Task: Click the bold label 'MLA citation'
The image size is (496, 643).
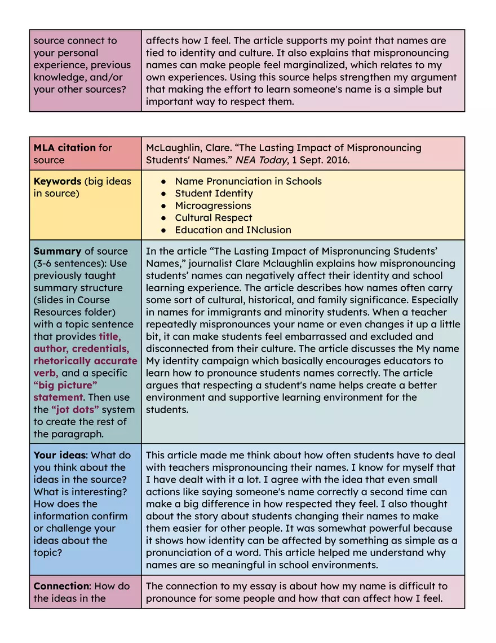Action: coord(65,148)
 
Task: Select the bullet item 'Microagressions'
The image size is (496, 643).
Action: coord(213,205)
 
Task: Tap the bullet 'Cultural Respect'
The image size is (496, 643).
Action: coord(214,218)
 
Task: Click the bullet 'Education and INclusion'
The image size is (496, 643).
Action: coord(233,230)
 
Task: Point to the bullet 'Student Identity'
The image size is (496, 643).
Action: coord(214,194)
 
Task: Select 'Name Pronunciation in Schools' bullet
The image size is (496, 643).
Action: coord(248,181)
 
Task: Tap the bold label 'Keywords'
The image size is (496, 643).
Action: coord(57,181)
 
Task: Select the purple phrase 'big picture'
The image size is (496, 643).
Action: coord(65,386)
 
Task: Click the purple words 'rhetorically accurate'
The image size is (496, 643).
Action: coord(85,361)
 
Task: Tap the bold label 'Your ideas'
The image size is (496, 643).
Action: coord(60,455)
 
